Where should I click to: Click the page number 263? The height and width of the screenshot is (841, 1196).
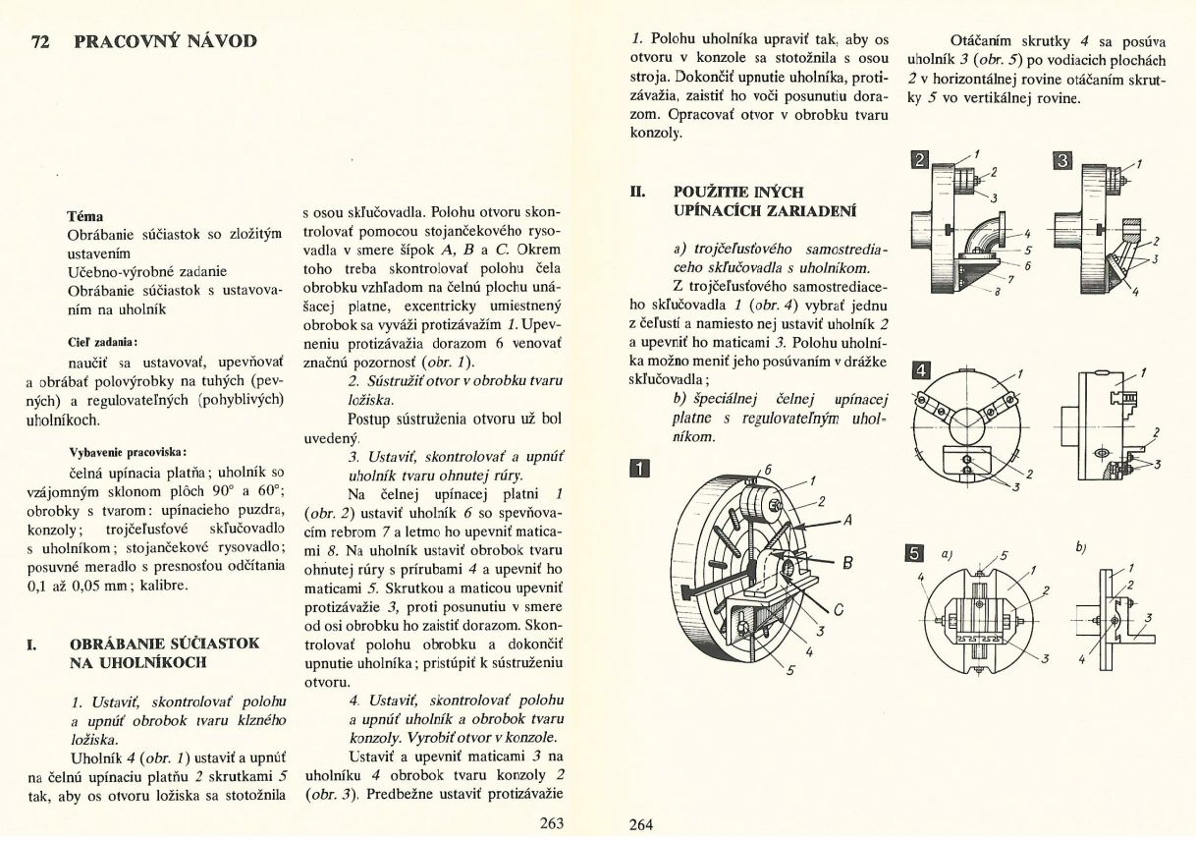(x=552, y=823)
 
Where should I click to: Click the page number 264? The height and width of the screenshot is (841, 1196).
(x=640, y=824)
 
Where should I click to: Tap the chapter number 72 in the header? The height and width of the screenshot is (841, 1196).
(x=41, y=41)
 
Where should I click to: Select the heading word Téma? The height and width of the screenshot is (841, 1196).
(x=85, y=215)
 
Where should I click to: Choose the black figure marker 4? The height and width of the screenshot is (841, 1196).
(x=920, y=370)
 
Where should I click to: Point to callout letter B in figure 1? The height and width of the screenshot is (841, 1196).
(x=846, y=562)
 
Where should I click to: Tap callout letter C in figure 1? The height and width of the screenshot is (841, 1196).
(x=839, y=607)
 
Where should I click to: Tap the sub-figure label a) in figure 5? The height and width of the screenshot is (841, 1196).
(x=947, y=553)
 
